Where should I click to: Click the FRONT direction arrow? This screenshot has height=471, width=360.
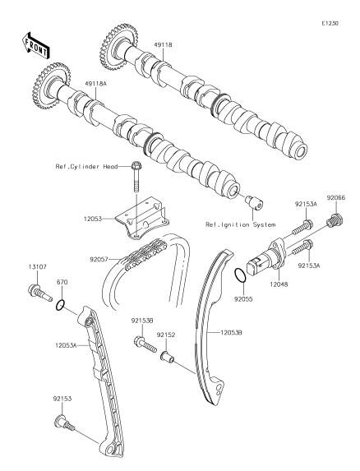point(35,45)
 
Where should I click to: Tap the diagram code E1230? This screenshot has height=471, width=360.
point(330,23)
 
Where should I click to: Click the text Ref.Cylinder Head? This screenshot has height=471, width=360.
point(86,166)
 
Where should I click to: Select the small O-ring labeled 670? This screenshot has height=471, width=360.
point(60,305)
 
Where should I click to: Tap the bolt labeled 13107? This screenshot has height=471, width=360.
point(39,292)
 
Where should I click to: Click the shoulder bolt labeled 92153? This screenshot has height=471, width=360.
point(64,422)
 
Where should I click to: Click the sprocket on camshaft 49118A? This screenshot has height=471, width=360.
point(51,86)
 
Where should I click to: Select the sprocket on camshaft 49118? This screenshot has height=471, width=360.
point(118,47)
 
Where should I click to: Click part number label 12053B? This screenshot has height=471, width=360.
point(231,333)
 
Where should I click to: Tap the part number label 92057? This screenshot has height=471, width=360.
point(98,258)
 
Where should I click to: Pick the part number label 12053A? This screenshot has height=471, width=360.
point(66,345)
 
